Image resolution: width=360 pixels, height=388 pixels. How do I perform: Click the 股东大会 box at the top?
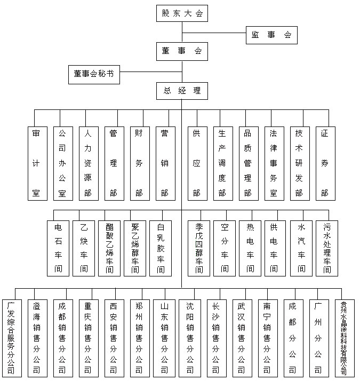point(182,13)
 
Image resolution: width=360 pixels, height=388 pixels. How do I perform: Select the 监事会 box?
point(271,35)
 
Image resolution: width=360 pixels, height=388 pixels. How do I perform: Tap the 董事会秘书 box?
point(94,74)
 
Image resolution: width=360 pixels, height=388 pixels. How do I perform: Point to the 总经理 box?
point(182,91)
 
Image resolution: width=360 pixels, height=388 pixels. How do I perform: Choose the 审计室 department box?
point(37,163)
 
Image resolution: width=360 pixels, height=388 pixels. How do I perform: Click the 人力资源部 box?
point(88,163)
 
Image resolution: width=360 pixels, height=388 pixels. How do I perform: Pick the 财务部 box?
point(140,163)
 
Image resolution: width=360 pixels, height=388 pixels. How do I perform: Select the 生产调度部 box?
point(222,163)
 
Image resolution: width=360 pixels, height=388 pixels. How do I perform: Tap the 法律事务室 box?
point(274,163)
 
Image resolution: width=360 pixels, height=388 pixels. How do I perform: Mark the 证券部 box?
point(325,163)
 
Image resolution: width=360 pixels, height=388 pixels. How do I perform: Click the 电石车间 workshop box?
point(58,248)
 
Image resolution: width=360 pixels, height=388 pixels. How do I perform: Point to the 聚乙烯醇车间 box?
point(135,248)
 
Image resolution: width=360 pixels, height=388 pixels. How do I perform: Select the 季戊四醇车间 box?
point(198,248)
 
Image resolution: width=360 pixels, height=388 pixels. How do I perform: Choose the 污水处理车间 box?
point(326,248)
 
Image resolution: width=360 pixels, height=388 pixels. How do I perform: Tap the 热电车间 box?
point(250,248)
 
